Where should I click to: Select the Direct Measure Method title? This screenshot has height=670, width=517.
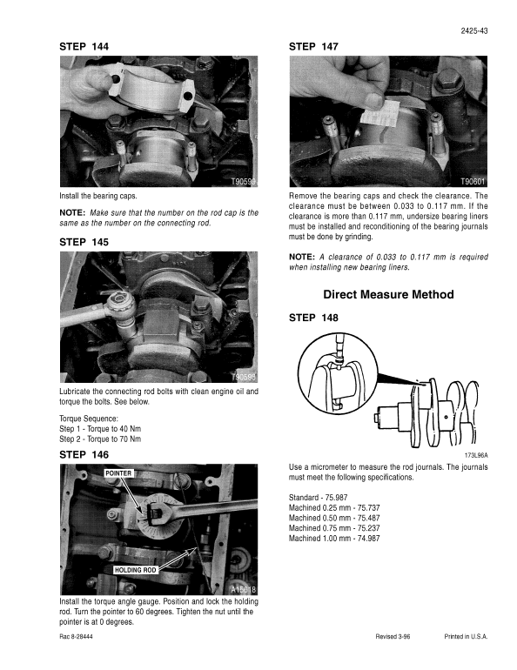pyautogui.click(x=388, y=295)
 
